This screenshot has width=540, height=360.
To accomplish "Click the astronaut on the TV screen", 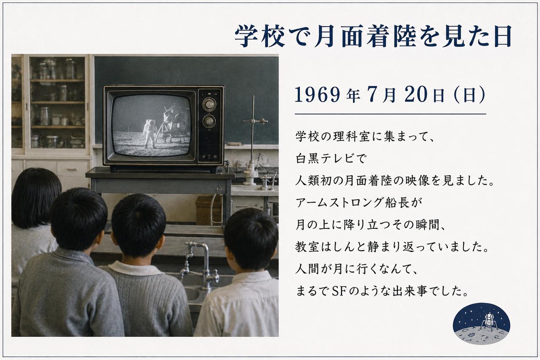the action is (150, 134).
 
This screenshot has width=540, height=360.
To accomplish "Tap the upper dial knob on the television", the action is (209, 105).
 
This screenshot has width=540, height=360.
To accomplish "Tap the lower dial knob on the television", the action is (209, 121).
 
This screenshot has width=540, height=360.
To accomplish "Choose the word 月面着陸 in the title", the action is (366, 36).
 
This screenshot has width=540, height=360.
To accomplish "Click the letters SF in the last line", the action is (340, 291).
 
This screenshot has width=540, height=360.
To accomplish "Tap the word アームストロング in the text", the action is (339, 203).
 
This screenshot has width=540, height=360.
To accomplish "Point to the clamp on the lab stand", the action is (256, 121).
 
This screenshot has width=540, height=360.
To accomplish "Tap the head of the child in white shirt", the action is (251, 239).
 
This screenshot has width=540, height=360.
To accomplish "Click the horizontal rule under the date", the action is (390, 114).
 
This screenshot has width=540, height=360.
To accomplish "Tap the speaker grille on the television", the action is (209, 144).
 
